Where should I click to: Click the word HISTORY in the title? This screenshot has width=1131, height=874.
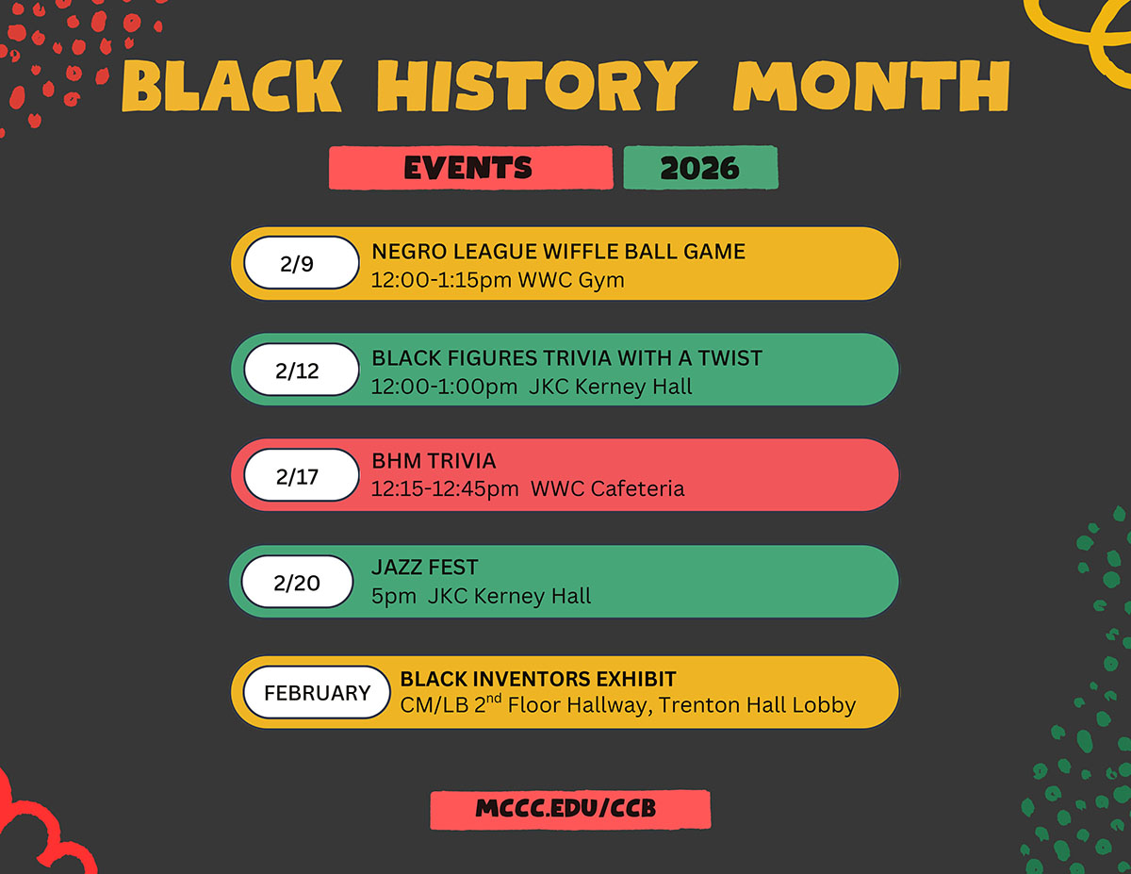536,87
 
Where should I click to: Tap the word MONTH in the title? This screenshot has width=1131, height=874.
871,87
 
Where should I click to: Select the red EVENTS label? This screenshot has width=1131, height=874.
468,168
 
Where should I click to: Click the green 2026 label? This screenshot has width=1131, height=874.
700,168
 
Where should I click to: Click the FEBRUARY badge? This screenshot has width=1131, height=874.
317,693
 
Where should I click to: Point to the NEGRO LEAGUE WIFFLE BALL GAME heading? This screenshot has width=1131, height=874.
558,252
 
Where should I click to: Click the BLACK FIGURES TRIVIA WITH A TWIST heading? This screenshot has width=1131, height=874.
566,358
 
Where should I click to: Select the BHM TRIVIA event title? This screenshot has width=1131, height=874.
433,462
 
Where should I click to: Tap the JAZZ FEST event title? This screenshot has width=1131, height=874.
424,568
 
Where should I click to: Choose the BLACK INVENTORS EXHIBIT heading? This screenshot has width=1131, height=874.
537,680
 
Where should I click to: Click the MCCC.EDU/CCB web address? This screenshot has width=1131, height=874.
569,809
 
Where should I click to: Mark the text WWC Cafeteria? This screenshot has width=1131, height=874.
607,488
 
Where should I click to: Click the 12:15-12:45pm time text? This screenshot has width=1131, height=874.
445,488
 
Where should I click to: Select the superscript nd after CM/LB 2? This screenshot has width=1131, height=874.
494,699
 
